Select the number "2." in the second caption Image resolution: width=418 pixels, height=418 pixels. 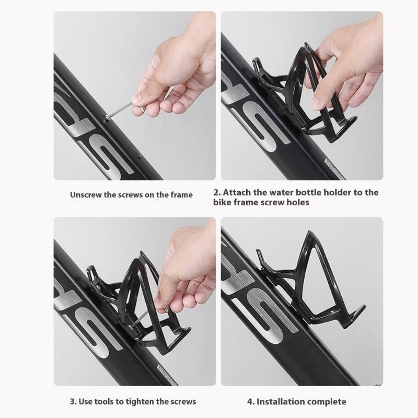coord(217,192)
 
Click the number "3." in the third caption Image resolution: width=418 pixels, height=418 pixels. coord(73,401)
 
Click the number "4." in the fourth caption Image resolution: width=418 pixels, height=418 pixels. coord(251,401)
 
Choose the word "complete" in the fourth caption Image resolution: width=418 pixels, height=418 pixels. coord(325,402)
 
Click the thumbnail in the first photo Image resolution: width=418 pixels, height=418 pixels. coord(136,100)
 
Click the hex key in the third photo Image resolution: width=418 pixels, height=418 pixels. coord(145,317)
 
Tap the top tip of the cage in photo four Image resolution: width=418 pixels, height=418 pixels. coord(310,231)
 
